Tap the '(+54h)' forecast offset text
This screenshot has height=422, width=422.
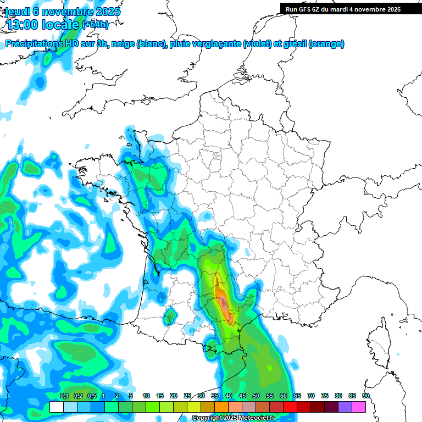[x=95, y=25]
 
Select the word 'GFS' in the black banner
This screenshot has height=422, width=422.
[x=304, y=9]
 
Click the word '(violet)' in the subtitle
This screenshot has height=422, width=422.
[x=257, y=44]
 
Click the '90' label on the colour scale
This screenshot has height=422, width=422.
[x=365, y=396]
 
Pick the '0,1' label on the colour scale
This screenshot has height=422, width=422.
[x=64, y=396]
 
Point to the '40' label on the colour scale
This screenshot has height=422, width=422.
[x=229, y=396]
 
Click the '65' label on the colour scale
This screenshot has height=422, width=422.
[x=297, y=396]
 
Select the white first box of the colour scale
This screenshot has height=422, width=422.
[x=56, y=407]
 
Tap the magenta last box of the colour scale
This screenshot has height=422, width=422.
[x=359, y=407]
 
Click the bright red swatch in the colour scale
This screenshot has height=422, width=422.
[x=290, y=407]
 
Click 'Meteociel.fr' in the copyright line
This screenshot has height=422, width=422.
[x=257, y=418]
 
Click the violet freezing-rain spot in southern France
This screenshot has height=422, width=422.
[x=223, y=303]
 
